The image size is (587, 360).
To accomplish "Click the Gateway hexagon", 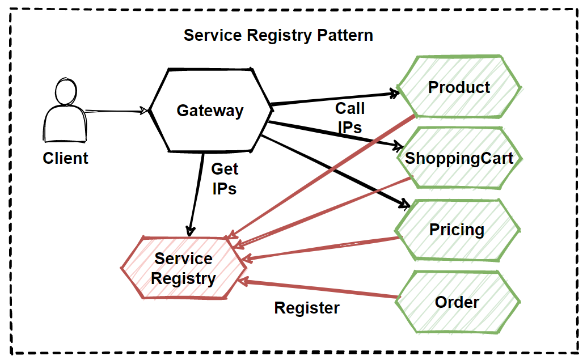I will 210,110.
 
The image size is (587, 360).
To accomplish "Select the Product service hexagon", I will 459,87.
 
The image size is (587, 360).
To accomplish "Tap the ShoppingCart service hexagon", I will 459,158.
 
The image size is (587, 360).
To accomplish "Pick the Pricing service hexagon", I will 457,230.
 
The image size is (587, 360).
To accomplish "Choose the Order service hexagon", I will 457,302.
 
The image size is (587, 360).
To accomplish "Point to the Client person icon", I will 65,113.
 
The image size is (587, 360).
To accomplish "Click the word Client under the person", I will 65,158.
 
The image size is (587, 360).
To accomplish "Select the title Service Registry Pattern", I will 278,35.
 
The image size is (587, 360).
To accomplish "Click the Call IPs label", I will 349,117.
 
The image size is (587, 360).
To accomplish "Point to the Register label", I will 307,308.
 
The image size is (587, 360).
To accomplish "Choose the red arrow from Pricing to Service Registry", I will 323,248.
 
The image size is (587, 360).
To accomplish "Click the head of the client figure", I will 66,91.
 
